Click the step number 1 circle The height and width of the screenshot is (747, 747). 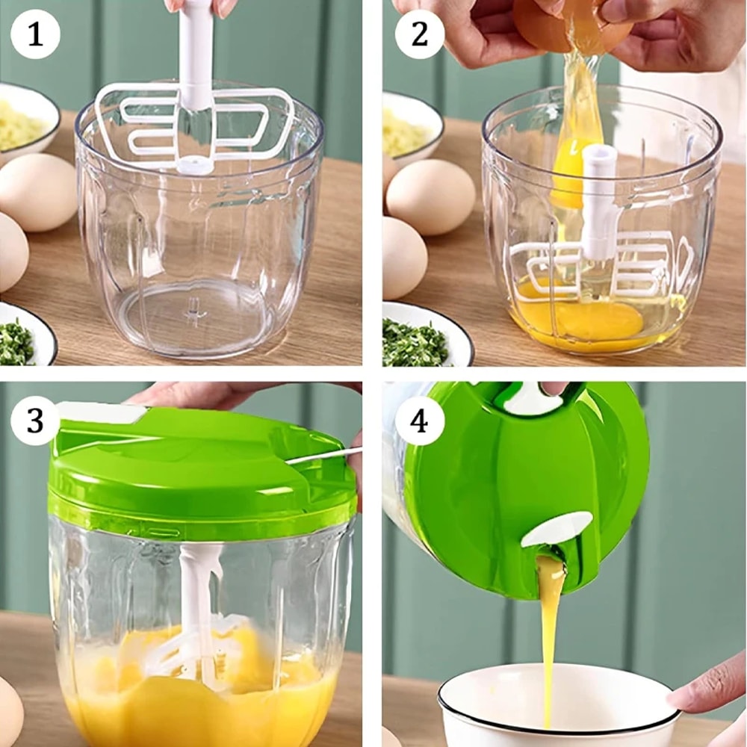coord(35,34)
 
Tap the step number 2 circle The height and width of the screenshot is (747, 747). coord(420,34)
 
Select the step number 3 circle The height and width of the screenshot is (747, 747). coord(35,421)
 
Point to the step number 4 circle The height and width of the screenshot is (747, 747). coord(418,421)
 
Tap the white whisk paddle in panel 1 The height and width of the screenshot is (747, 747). coord(247,123)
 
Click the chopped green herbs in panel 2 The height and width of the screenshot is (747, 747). coord(415,344)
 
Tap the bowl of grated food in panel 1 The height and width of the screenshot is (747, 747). coord(22,123)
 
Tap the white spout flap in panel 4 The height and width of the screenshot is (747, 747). coord(557,529)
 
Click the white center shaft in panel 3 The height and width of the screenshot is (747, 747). coord(198,598)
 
